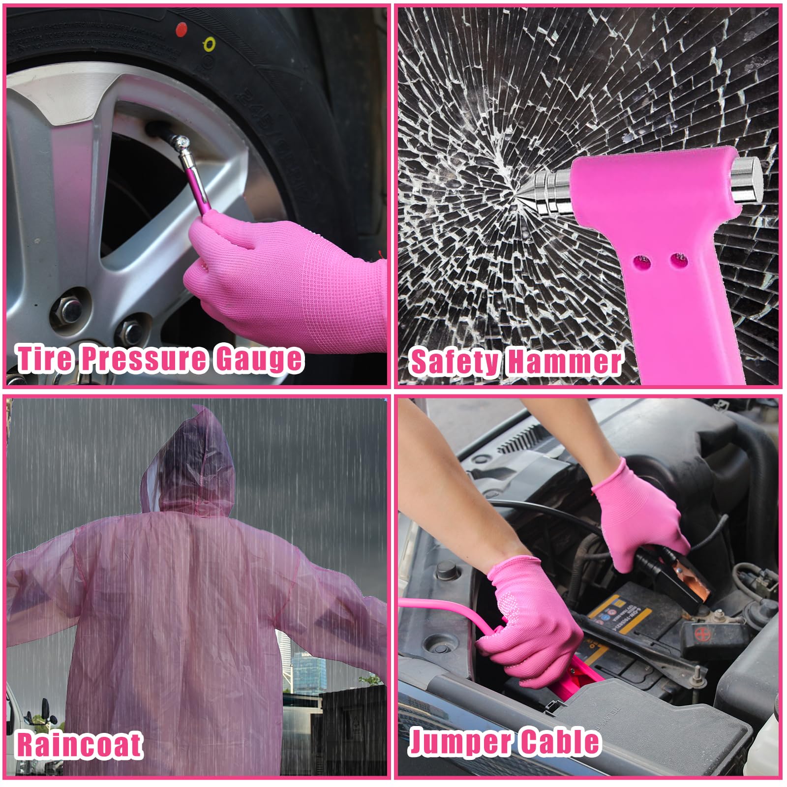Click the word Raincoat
tap(80, 744)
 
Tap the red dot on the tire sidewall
tap(182, 30)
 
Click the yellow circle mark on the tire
tap(209, 45)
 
